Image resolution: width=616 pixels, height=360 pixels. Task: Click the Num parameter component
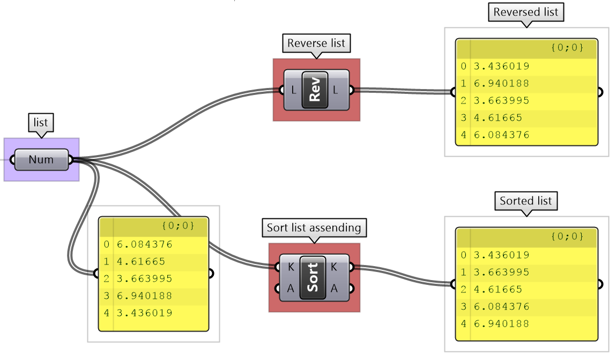[x=41, y=159]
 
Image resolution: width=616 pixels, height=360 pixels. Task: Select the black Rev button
[x=315, y=90]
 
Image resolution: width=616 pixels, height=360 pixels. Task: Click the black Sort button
[x=313, y=277]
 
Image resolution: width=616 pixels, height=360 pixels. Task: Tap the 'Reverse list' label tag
[x=316, y=43]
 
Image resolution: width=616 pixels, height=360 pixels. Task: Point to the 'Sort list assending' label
[x=314, y=227]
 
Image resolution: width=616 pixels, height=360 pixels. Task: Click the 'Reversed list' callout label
[x=526, y=12]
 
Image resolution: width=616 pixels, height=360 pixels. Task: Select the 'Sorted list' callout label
[x=525, y=201]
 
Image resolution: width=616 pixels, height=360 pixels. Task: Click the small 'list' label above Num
[x=41, y=123]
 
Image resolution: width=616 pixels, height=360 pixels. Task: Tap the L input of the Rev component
[x=293, y=90]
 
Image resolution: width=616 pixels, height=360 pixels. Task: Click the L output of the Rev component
[x=336, y=90]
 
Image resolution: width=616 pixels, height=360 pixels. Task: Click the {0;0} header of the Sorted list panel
[x=566, y=236]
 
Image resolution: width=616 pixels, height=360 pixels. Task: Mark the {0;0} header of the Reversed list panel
[x=566, y=48]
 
